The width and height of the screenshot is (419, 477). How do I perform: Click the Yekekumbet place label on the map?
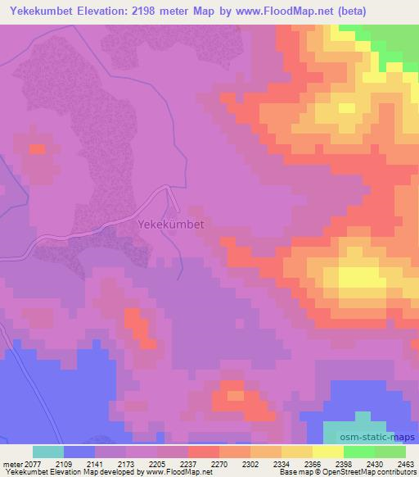coord(171,223)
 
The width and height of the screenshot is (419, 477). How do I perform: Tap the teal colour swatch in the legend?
coord(48,452)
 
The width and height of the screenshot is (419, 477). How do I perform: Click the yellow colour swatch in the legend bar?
coord(328,452)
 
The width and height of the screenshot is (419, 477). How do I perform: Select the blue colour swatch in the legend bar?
coord(79,452)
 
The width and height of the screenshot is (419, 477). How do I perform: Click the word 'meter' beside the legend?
coord(12,463)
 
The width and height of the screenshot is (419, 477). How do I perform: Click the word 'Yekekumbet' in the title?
coord(40,11)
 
